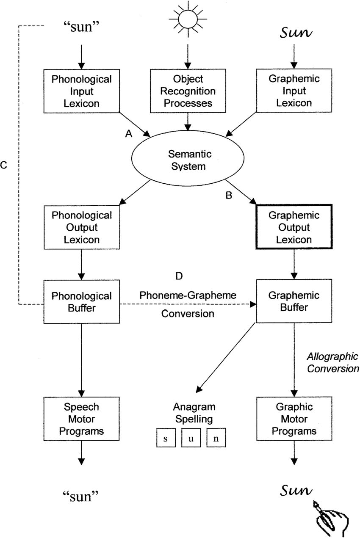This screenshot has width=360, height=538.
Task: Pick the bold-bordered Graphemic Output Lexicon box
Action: pos(294,227)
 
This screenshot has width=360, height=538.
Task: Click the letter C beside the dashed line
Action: pos(4,165)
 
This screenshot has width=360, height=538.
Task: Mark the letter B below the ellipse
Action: pos(229,196)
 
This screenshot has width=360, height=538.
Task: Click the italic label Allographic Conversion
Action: pos(333,362)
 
